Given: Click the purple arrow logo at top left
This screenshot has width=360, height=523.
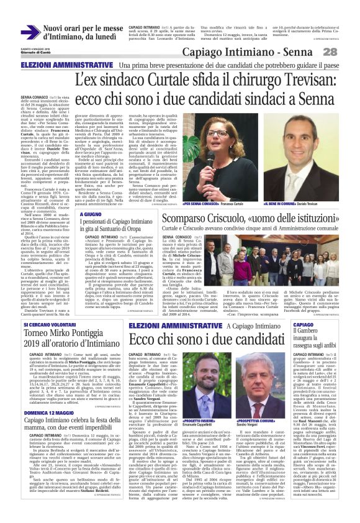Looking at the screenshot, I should point(30,32).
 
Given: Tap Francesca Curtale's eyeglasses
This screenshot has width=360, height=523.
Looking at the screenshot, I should point(217,133).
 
